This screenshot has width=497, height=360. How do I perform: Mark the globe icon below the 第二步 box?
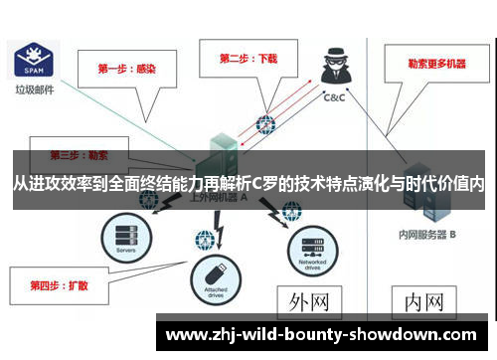coord(265,125)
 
